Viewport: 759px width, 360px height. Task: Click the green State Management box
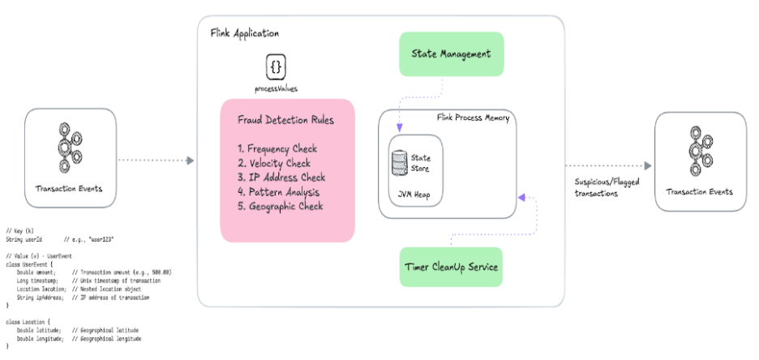coord(452,55)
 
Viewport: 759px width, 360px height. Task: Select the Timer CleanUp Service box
coord(452,267)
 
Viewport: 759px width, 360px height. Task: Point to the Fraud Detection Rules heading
coord(285,120)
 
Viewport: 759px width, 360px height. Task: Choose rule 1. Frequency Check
coord(277,149)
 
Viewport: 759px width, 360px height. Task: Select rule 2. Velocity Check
coord(274,163)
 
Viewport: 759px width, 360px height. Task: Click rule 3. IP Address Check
coord(281,178)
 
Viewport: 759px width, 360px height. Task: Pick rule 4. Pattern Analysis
coord(279,192)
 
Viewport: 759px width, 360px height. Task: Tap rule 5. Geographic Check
coord(281,206)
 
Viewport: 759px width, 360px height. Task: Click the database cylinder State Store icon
coord(399,163)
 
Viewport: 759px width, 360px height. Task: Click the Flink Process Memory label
coord(473,118)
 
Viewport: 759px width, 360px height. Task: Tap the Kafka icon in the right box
coord(698,148)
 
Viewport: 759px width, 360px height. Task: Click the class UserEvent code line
coord(30,264)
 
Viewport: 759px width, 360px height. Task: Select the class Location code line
coord(28,322)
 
